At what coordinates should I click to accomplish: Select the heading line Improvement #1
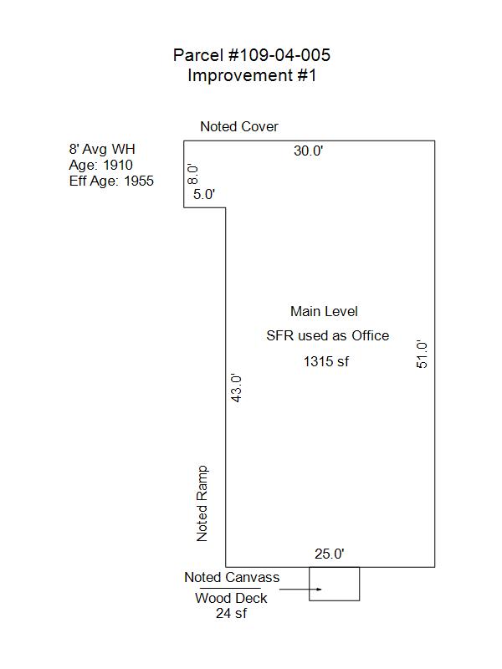[x=252, y=75]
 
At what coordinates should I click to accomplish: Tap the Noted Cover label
[x=239, y=126]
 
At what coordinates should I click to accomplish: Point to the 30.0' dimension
[x=308, y=151]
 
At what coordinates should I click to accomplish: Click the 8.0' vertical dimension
[x=192, y=174]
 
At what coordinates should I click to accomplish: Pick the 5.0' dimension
[x=204, y=194]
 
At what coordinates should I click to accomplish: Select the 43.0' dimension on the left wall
[x=236, y=388]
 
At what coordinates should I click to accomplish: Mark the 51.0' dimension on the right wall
[x=422, y=354]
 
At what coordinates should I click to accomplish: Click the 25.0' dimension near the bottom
[x=330, y=554]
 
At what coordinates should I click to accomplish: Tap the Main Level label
[x=324, y=311]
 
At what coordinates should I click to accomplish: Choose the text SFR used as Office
[x=328, y=336]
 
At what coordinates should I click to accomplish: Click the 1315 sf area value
[x=326, y=361]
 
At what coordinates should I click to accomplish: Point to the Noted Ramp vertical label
[x=202, y=503]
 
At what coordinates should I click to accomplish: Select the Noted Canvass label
[x=232, y=577]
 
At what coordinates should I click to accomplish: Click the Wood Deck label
[x=231, y=598]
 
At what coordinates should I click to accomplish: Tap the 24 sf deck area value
[x=231, y=613]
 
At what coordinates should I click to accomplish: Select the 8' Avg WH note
[x=102, y=149]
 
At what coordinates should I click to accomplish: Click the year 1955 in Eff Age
[x=139, y=181]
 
